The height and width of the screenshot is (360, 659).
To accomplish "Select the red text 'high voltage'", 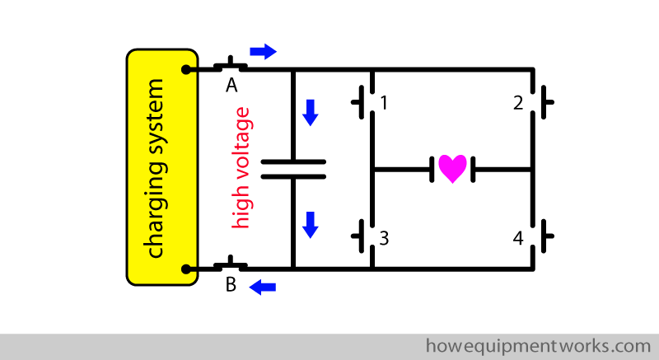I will (241, 168).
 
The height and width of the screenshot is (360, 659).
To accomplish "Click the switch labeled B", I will (231, 264).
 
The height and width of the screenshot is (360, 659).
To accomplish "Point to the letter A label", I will (231, 86).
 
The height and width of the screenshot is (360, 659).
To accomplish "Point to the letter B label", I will (231, 286).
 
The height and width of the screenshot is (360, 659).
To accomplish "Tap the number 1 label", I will (384, 104).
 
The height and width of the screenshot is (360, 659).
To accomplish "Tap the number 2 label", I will (518, 104).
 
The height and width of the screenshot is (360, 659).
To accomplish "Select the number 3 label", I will (384, 239).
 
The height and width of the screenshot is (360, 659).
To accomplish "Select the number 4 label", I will (518, 239).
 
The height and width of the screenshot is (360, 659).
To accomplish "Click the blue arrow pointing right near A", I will (263, 51).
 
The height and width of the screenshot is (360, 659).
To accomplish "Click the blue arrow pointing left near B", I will (263, 287).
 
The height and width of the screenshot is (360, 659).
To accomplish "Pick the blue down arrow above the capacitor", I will (310, 112).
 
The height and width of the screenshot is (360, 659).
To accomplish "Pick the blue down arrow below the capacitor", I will (310, 224).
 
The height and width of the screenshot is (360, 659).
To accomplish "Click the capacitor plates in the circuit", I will (293, 169).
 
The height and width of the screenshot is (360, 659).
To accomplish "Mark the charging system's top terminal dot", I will (189, 69).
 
